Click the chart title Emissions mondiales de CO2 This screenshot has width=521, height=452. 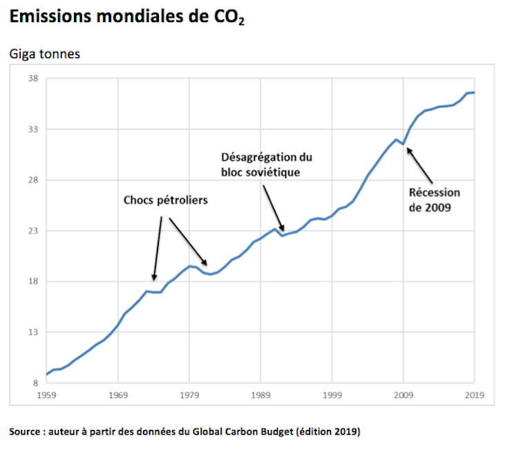coord(126,19)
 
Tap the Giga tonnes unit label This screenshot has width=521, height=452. coord(45,53)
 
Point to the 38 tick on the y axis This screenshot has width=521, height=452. coord(33,79)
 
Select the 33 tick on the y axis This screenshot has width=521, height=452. coord(33,129)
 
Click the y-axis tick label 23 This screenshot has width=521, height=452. coord(33,231)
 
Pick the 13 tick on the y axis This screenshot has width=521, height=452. coord(33,332)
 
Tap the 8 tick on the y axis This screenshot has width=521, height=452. coord(35,382)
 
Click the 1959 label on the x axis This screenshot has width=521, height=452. coord(47,396)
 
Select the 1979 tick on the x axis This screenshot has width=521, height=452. coord(189,396)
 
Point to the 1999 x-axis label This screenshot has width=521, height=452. coord(332,396)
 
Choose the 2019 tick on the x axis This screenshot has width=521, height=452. coord(474,396)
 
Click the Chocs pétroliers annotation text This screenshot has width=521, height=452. coord(166,200)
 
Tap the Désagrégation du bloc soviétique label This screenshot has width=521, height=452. coord(262,164)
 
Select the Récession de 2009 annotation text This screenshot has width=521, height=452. coord(434,200)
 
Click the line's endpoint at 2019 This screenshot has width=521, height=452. coord(474,93)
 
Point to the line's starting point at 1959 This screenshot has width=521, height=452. coord(47,374)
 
